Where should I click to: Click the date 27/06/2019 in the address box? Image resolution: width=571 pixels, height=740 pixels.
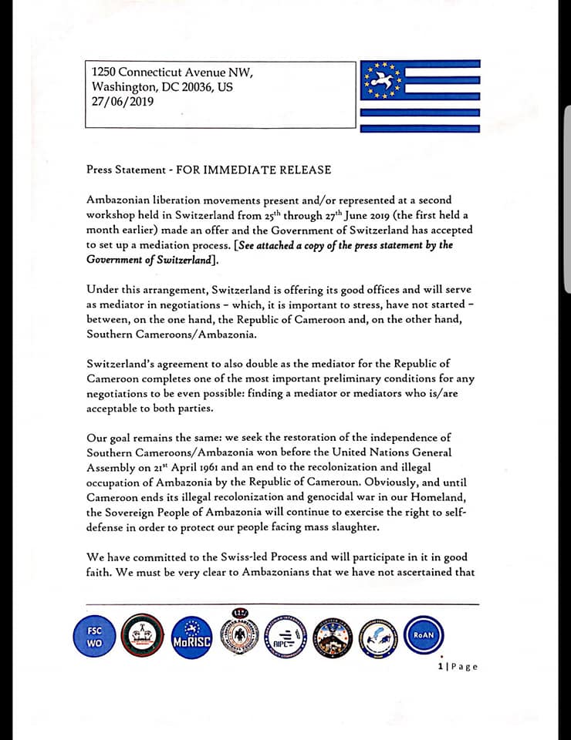pos(122,100)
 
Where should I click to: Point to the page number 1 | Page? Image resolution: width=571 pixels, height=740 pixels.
pos(458,667)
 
